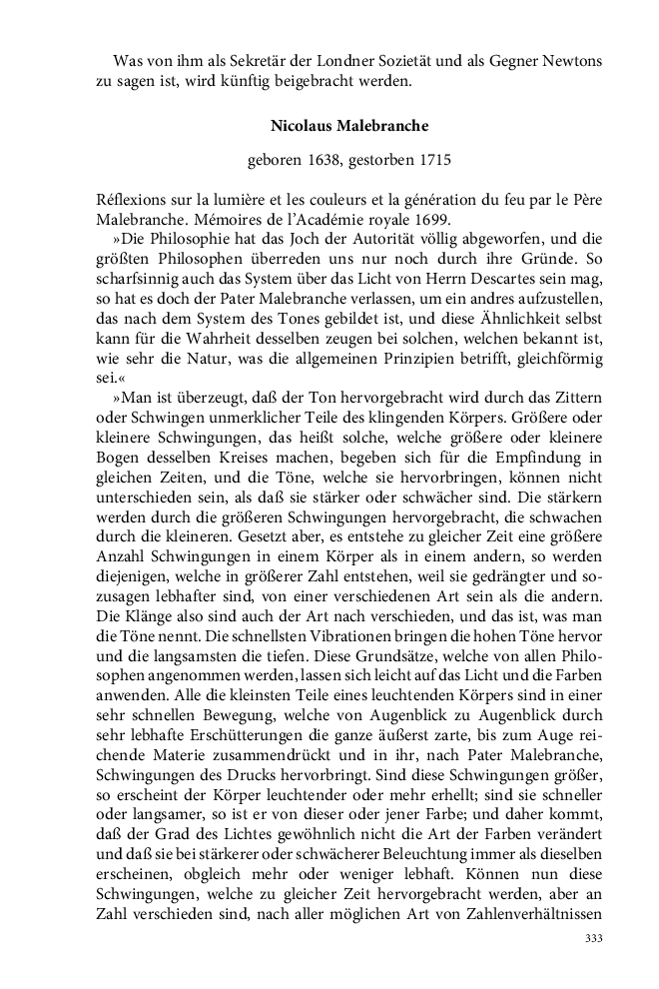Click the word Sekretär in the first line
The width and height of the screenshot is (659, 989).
240,61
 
